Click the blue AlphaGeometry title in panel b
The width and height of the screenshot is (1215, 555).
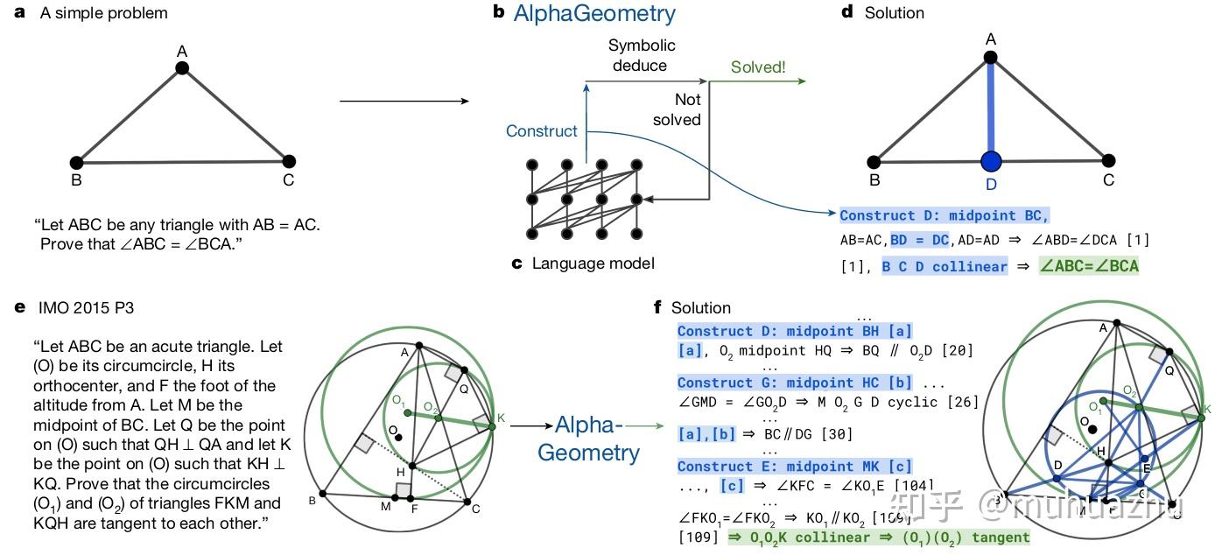click(x=594, y=14)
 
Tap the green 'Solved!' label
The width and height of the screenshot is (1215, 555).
click(x=758, y=67)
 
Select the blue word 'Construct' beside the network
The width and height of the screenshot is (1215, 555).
click(x=542, y=131)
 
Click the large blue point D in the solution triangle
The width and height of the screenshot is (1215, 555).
click(x=991, y=162)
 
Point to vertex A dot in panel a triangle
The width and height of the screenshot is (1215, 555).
click(x=182, y=68)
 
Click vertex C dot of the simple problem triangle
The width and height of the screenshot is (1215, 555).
click(x=289, y=161)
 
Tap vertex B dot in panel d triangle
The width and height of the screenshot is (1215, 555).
click(x=874, y=161)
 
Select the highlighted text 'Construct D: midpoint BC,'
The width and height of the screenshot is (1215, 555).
click(x=944, y=215)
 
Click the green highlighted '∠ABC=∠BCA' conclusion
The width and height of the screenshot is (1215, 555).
click(x=1088, y=266)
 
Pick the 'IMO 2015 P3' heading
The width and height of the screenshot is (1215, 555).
click(x=87, y=308)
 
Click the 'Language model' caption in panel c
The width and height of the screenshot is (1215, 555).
click(x=593, y=263)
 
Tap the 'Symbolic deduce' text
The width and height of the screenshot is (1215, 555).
click(x=642, y=55)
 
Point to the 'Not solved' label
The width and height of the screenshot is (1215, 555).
click(x=677, y=109)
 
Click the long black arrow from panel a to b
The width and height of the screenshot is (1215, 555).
click(x=404, y=102)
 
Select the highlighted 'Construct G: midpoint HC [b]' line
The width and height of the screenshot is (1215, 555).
click(x=794, y=383)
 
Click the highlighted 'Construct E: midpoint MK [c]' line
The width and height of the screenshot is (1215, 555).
click(x=794, y=467)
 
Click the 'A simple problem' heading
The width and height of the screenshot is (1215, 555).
click(x=103, y=13)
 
